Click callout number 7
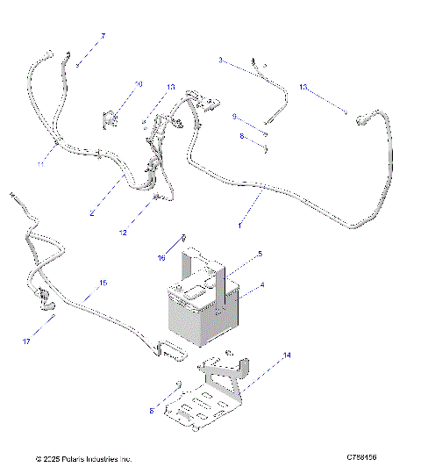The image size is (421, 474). tap(103, 36)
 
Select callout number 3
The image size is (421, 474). tap(221, 60)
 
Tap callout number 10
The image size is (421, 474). tap(138, 85)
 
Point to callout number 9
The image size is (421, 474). tap(235, 116)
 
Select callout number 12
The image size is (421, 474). tap(123, 233)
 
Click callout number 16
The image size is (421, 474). tap(161, 259)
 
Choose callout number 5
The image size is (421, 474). tap(259, 254)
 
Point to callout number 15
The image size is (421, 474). tap(103, 283)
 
